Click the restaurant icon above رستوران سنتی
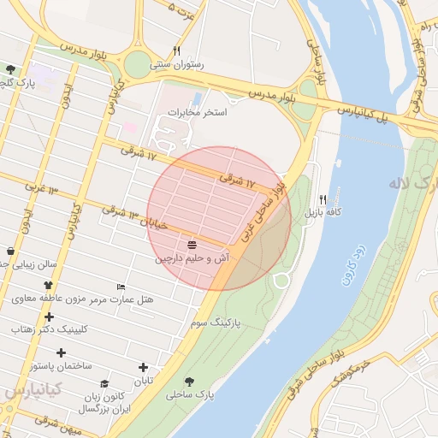tap(176, 50)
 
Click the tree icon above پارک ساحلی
tap(189, 382)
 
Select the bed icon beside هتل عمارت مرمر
tap(121, 287)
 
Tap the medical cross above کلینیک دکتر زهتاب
tap(49, 317)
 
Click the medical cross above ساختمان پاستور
tap(61, 352)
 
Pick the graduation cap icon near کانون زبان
tap(104, 384)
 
